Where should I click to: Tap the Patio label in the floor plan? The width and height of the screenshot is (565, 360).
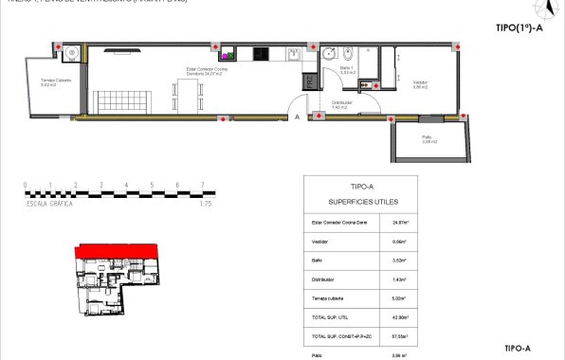click(x=428, y=139)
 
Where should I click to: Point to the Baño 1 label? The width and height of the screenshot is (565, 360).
click(x=347, y=70)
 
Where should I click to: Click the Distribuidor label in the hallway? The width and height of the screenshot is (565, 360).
click(x=342, y=103)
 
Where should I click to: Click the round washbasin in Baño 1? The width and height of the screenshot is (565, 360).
click(x=327, y=54)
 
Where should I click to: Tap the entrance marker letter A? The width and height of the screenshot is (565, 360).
click(x=298, y=117)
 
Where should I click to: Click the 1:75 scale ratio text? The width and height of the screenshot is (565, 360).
click(x=206, y=204)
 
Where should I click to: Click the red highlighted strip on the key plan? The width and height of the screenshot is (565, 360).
click(x=114, y=249)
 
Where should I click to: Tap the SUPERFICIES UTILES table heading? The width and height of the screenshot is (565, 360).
click(x=362, y=202)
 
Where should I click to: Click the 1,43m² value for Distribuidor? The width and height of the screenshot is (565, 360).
click(x=401, y=280)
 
